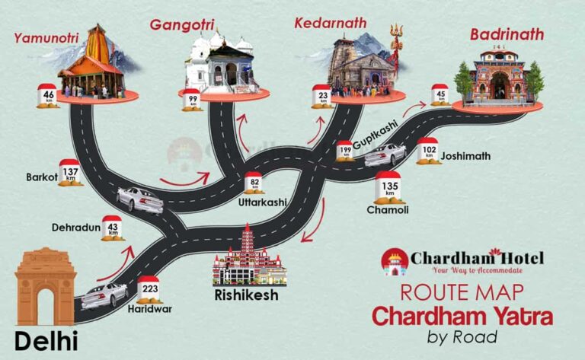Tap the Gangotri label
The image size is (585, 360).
pyautogui.click(x=182, y=25)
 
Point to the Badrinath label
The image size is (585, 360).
pyautogui.click(x=507, y=34)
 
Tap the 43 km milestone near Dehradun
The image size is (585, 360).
pyautogui.click(x=113, y=228)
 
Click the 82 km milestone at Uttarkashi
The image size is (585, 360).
pyautogui.click(x=254, y=183)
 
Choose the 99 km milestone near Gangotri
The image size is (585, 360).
pyautogui.click(x=192, y=99)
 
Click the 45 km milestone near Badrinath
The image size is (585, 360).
pyautogui.click(x=440, y=95)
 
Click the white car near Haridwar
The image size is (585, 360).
pyautogui.click(x=104, y=295)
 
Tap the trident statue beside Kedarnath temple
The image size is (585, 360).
pyautogui.click(x=395, y=47)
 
